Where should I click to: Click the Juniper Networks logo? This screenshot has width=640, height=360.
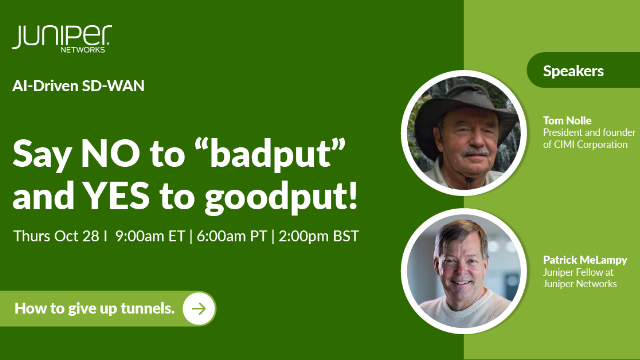(61, 39)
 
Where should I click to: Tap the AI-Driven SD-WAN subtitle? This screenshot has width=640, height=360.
(79, 86)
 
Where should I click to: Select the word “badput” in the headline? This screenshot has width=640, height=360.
(269, 152)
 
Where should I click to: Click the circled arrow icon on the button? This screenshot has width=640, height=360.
(200, 308)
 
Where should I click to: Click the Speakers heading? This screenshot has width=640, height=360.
(573, 71)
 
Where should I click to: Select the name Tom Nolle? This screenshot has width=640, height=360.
(567, 120)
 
